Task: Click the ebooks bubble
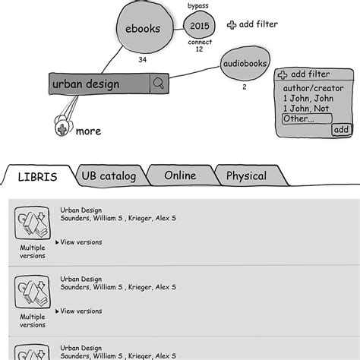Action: point(141,29)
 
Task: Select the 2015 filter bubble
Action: point(200,26)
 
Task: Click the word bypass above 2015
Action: point(200,6)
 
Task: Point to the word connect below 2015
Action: point(200,42)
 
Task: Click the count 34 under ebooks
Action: point(141,59)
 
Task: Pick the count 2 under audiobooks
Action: point(244,87)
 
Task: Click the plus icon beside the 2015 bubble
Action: point(232,25)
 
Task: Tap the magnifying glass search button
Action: point(159,84)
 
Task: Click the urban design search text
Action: point(86,84)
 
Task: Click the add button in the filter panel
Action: point(341,130)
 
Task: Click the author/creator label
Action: point(308,87)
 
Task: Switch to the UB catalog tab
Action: point(109,176)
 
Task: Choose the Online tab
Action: point(179,176)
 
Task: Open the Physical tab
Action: point(246,176)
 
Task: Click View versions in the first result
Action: point(80,242)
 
